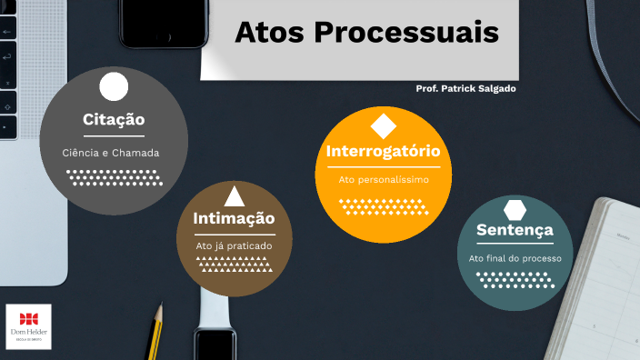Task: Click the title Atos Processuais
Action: tap(366, 33)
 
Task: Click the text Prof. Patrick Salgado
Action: tap(465, 88)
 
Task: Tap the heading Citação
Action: tap(114, 119)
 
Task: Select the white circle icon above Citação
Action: tap(114, 86)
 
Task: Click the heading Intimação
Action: tap(234, 218)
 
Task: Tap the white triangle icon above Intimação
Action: tap(234, 195)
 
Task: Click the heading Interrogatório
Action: tap(383, 151)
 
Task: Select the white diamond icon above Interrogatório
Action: tap(383, 126)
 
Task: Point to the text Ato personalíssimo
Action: tap(383, 180)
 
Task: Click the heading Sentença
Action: tap(515, 230)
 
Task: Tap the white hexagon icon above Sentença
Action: tap(515, 208)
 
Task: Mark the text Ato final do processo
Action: tap(515, 258)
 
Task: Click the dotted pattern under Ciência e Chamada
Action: tap(115, 177)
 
